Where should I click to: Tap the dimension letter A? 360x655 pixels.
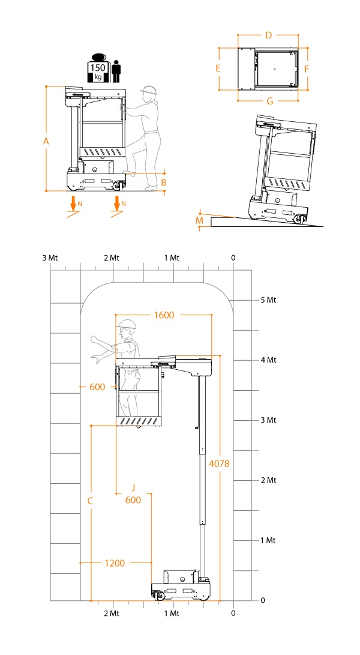(46, 141)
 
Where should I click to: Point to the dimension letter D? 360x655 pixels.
(268, 35)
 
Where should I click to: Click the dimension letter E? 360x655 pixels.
(218, 68)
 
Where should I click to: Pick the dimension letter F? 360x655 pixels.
(306, 68)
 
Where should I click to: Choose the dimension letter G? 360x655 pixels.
(269, 101)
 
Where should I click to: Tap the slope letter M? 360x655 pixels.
(199, 222)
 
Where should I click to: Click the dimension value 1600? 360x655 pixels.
(164, 315)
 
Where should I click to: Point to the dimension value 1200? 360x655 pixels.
(115, 563)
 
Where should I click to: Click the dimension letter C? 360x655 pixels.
(90, 499)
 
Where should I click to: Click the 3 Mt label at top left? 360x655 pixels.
(50, 258)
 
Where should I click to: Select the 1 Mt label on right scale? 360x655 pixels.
(268, 540)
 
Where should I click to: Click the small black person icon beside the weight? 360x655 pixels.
(116, 70)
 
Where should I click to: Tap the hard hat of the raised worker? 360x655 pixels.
(127, 325)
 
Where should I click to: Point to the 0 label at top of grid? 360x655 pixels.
(233, 258)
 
